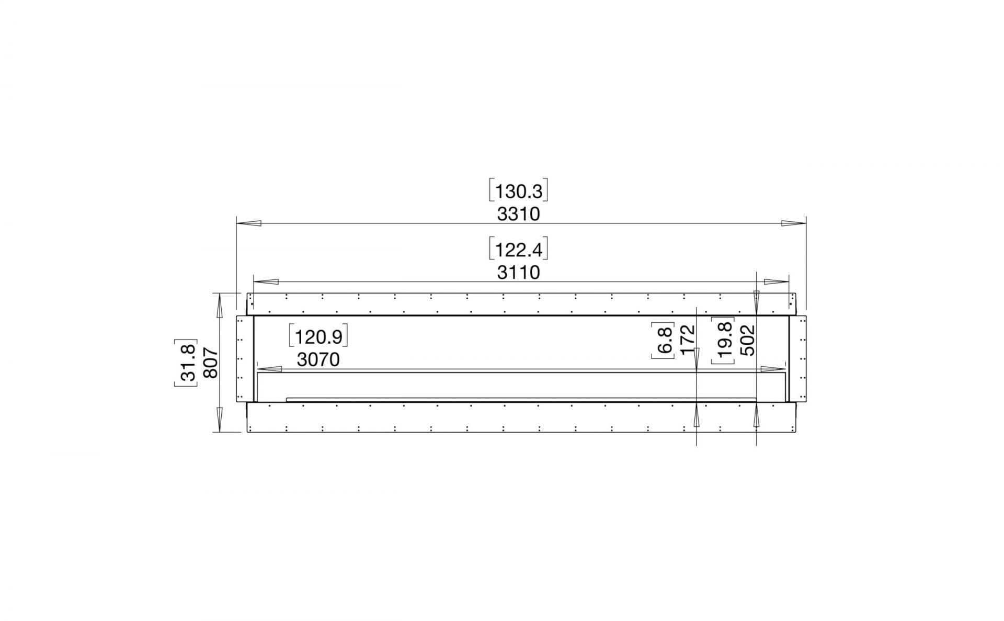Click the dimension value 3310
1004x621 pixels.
pos(518,214)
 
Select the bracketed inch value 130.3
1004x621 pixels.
pos(518,191)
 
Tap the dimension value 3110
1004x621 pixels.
pos(518,273)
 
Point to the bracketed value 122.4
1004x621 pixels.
pos(518,250)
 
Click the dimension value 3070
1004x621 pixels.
pos(318,359)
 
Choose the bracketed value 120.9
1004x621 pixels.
pos(318,337)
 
